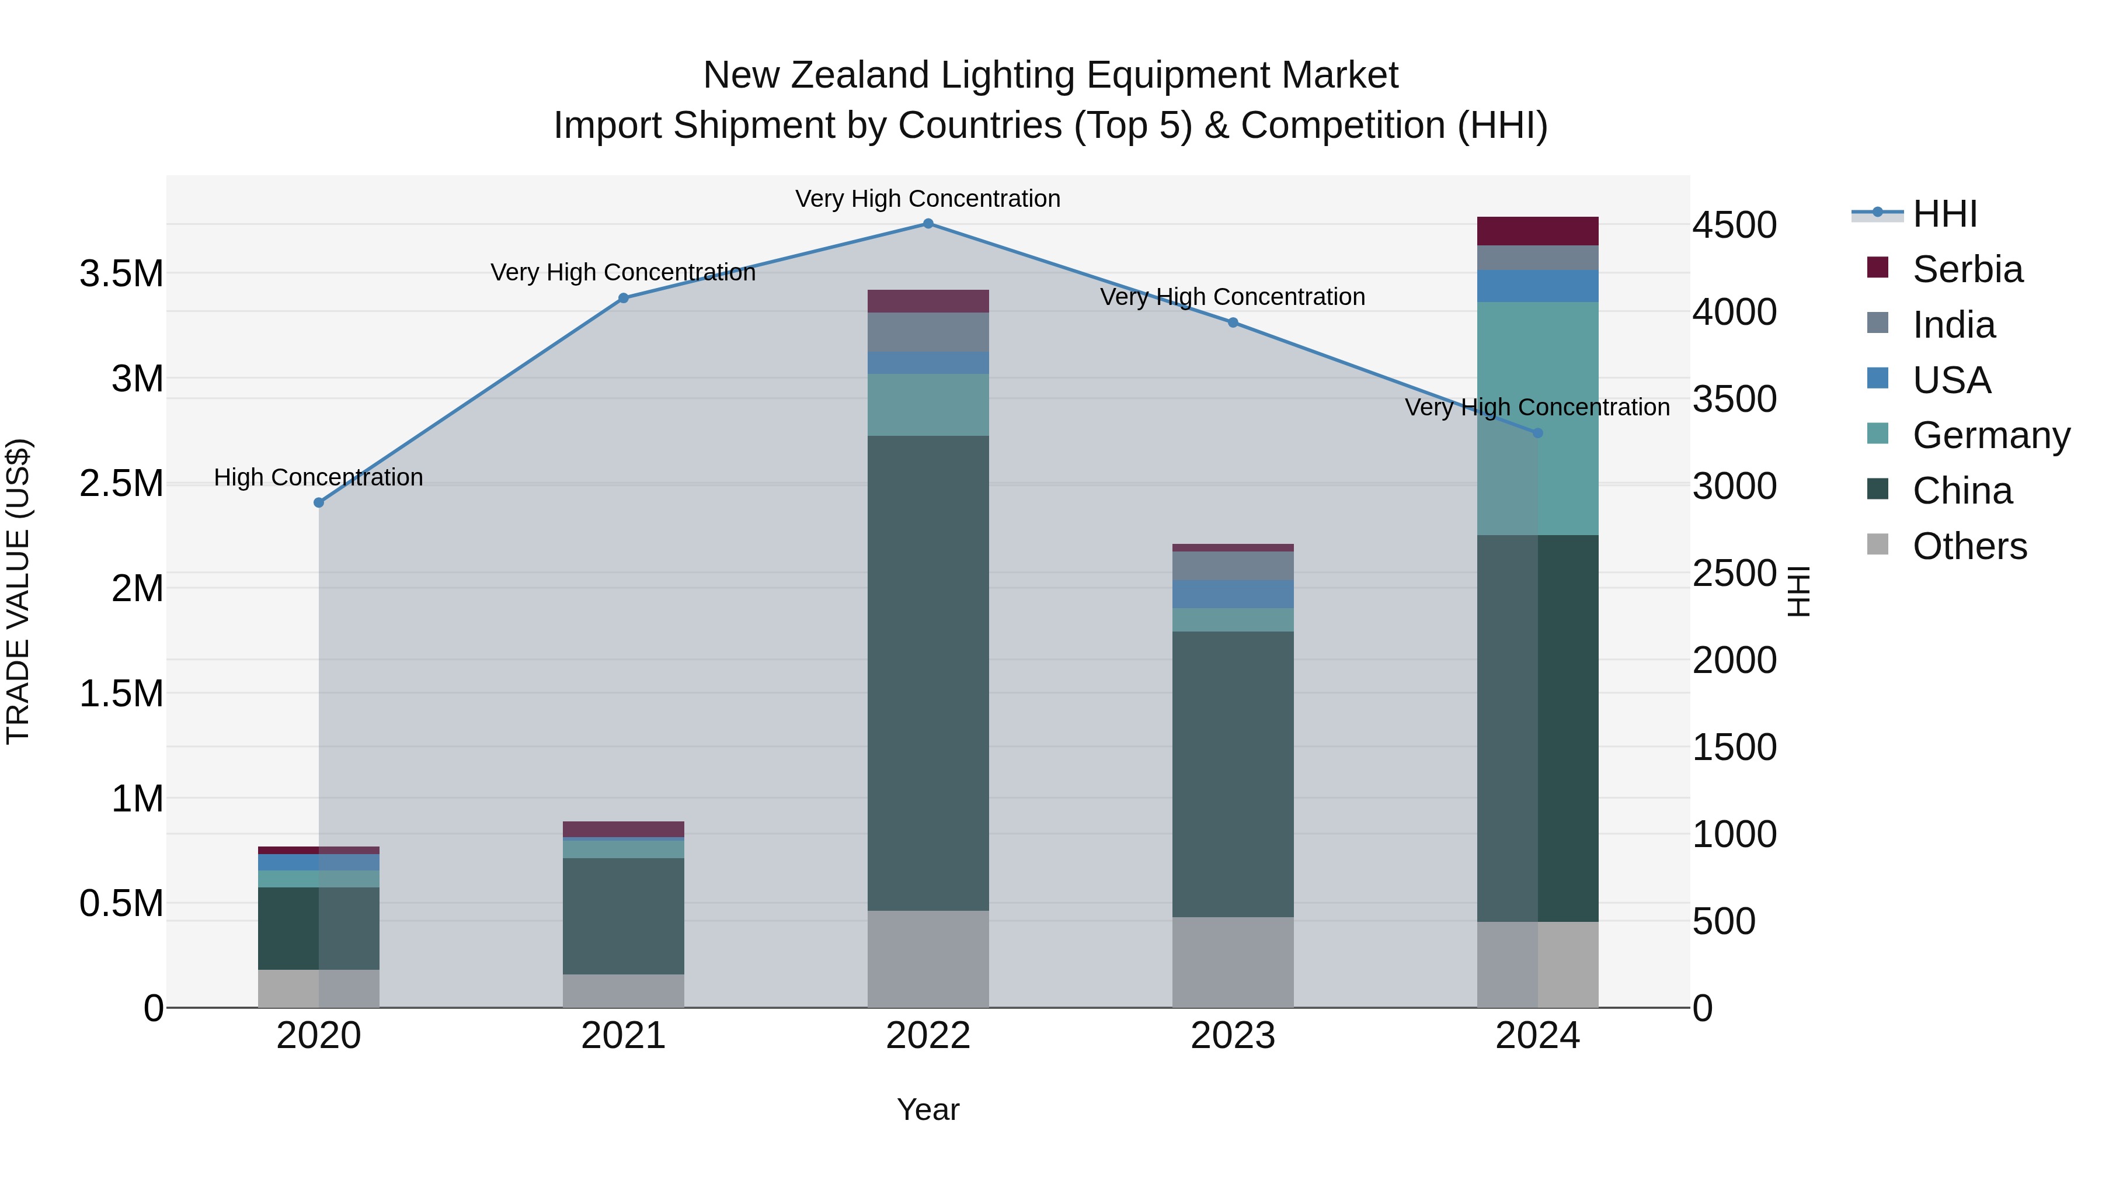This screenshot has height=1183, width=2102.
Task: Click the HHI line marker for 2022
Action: click(x=928, y=224)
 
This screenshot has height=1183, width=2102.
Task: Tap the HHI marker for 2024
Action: click(x=1537, y=433)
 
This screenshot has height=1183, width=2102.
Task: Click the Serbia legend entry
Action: click(x=1967, y=269)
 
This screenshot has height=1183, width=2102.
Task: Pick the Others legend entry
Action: click(x=1968, y=546)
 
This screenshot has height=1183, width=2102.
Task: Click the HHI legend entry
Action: click(x=1944, y=214)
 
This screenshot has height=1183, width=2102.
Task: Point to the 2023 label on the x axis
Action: click(x=1232, y=1035)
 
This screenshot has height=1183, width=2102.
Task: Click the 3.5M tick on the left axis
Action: click(x=121, y=273)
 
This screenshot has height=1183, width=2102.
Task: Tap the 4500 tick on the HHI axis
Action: click(x=1734, y=226)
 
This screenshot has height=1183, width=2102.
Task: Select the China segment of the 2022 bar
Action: click(x=928, y=673)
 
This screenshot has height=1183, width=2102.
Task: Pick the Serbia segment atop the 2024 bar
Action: click(x=1537, y=231)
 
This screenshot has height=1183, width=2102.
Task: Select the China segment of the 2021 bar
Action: click(x=624, y=915)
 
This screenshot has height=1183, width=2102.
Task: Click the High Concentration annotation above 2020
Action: click(x=318, y=478)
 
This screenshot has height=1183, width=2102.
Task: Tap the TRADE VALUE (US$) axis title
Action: click(x=19, y=591)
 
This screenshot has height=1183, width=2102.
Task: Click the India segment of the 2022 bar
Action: click(x=928, y=332)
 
